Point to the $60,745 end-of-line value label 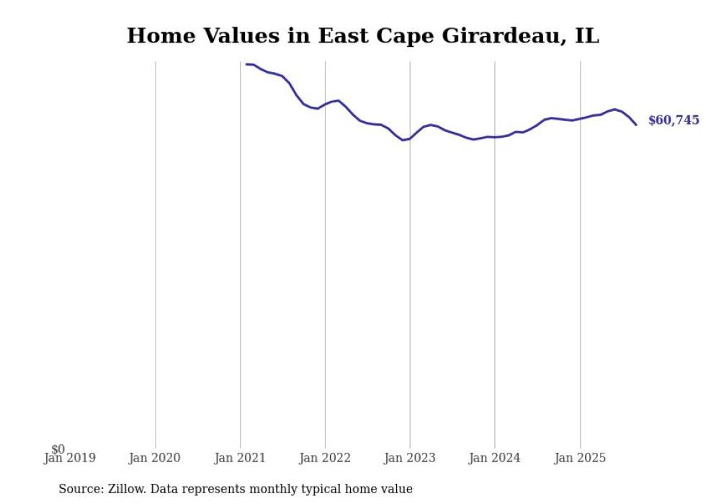click(x=673, y=120)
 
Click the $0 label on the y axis click(x=58, y=449)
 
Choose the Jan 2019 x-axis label click(x=70, y=458)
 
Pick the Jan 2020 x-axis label click(x=155, y=458)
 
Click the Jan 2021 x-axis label click(x=240, y=458)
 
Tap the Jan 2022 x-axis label click(x=325, y=458)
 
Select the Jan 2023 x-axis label click(x=410, y=458)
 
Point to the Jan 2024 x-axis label click(x=495, y=458)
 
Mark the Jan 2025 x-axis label click(x=580, y=458)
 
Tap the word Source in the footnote click(x=80, y=489)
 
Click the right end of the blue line click(x=636, y=125)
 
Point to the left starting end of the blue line click(x=246, y=64)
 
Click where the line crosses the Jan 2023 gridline click(x=410, y=138)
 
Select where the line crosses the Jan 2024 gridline click(x=495, y=137)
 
